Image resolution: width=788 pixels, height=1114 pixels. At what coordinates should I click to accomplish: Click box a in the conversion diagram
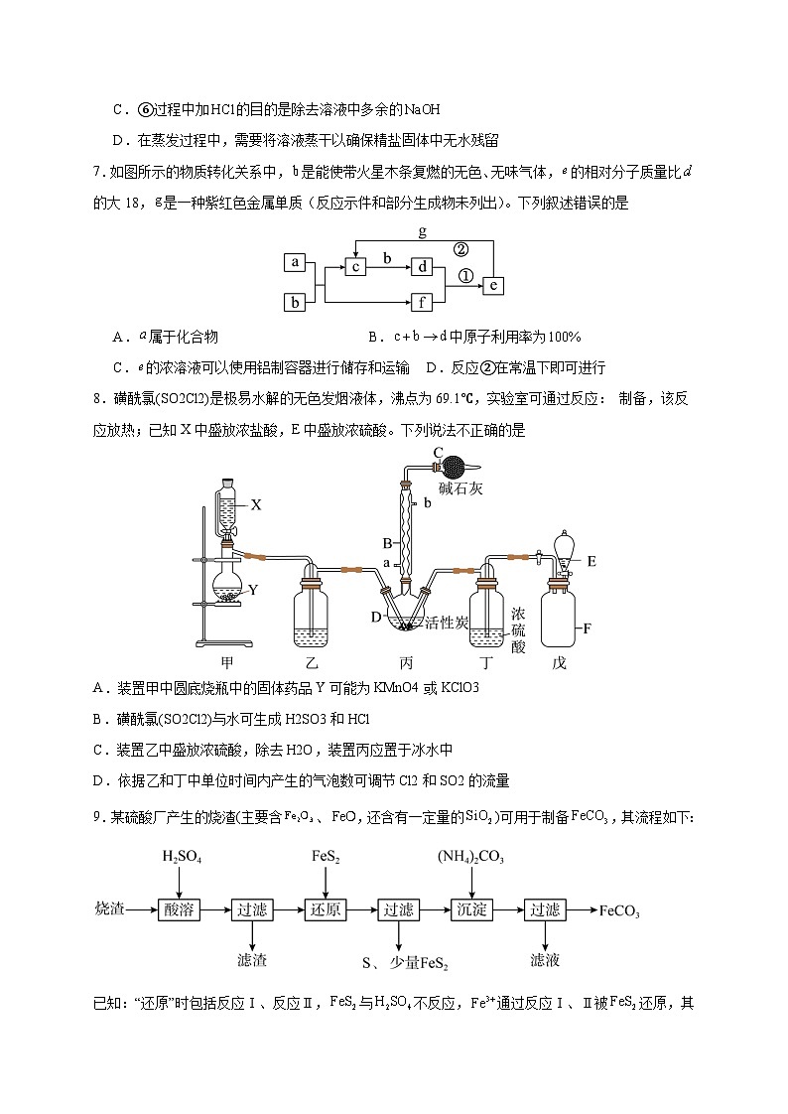pyautogui.click(x=294, y=262)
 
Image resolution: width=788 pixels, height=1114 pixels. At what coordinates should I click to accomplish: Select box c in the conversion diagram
pyautogui.click(x=356, y=266)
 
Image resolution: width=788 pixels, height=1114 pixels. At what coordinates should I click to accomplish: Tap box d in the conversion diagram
pyautogui.click(x=422, y=266)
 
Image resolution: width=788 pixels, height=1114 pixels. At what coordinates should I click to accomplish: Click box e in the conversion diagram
pyautogui.click(x=493, y=285)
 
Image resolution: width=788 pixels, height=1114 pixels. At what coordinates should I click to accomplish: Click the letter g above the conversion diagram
pyautogui.click(x=423, y=231)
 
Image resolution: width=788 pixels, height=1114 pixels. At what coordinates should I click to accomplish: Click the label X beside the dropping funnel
pyautogui.click(x=255, y=504)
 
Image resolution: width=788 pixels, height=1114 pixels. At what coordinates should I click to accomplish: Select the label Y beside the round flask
pyautogui.click(x=253, y=590)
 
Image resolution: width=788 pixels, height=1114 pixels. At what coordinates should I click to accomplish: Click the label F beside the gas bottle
pyautogui.click(x=588, y=627)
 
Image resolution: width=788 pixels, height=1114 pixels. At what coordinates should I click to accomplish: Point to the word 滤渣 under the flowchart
pyautogui.click(x=251, y=960)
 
